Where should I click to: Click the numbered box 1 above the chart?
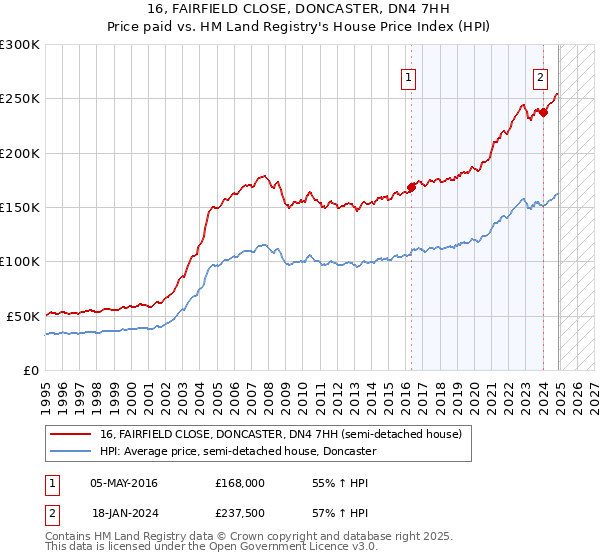pyautogui.click(x=410, y=79)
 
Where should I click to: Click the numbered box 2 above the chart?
pyautogui.click(x=540, y=79)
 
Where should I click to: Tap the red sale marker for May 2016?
pyautogui.click(x=411, y=186)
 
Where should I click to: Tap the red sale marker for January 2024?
pyautogui.click(x=543, y=112)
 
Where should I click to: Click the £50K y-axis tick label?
pyautogui.click(x=23, y=316)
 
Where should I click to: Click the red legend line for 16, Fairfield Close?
pyautogui.click(x=72, y=435)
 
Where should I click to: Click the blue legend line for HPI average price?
pyautogui.click(x=72, y=452)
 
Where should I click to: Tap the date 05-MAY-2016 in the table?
pyautogui.click(x=124, y=482)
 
